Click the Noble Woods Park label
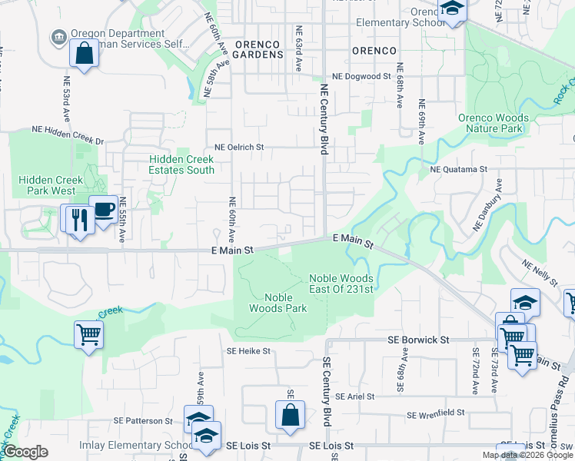click(x=275, y=303)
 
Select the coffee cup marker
click(x=103, y=210)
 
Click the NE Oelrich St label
click(x=239, y=147)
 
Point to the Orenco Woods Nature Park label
click(x=494, y=123)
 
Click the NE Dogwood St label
click(x=361, y=77)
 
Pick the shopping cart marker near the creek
click(x=89, y=335)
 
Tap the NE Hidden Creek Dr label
click(x=67, y=136)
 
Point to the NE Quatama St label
click(x=459, y=169)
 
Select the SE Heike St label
click(x=248, y=351)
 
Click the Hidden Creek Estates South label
click(x=181, y=164)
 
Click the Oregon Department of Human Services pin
click(x=58, y=36)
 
